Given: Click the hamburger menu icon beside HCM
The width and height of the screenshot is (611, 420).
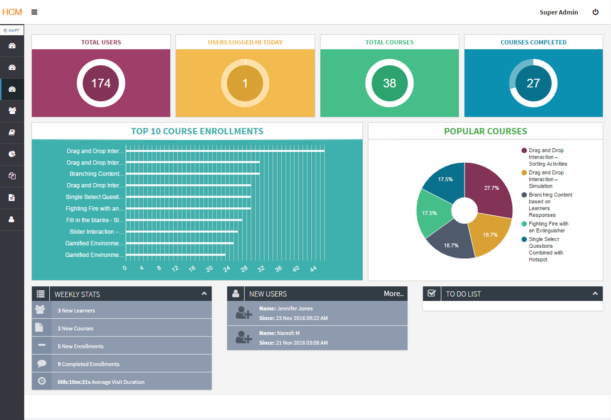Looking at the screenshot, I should coord(34,12).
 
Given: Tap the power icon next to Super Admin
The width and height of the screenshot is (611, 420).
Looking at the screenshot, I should coord(595,12).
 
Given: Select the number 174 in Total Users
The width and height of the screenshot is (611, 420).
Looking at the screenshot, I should coord(101,84).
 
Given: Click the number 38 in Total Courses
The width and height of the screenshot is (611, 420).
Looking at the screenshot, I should coord(390,84).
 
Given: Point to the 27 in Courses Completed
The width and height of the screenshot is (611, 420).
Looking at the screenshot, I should coord(533,84).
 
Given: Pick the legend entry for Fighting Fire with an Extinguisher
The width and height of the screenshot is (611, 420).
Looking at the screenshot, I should coord(548,227).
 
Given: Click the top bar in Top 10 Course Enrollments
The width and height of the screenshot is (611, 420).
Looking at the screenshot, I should coord(225,151).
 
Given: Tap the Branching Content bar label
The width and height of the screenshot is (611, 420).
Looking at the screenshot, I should coord(97,174).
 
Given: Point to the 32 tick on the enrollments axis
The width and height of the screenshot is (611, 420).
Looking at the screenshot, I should coord(260,269).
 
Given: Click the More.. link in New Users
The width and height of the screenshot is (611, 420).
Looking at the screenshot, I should coord(393,294).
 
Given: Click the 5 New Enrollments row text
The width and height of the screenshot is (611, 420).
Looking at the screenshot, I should coord(80,346).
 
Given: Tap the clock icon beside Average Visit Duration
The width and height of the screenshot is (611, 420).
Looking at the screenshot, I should coord(42,381).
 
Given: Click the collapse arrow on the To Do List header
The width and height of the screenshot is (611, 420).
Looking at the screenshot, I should coord(595,294).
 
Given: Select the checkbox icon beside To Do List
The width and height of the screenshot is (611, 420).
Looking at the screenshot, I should coord(432,294).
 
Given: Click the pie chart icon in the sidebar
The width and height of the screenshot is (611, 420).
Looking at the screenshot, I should coord(12,154).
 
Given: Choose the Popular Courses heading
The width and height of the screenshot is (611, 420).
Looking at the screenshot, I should coord(485,131).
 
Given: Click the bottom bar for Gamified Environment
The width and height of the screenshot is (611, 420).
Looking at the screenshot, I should coord(176,255).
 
